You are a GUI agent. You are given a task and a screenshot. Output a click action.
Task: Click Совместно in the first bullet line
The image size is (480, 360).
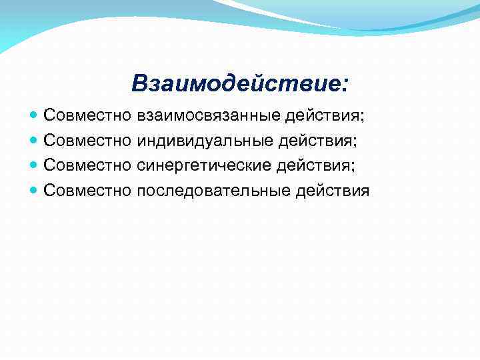[x=87, y=116]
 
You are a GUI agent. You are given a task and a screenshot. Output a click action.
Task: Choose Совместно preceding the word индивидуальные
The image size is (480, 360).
[x=87, y=141]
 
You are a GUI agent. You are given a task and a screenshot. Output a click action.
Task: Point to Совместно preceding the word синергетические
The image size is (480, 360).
[x=87, y=166]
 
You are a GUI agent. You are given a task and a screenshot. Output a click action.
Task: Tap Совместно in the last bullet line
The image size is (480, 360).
[x=87, y=191]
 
